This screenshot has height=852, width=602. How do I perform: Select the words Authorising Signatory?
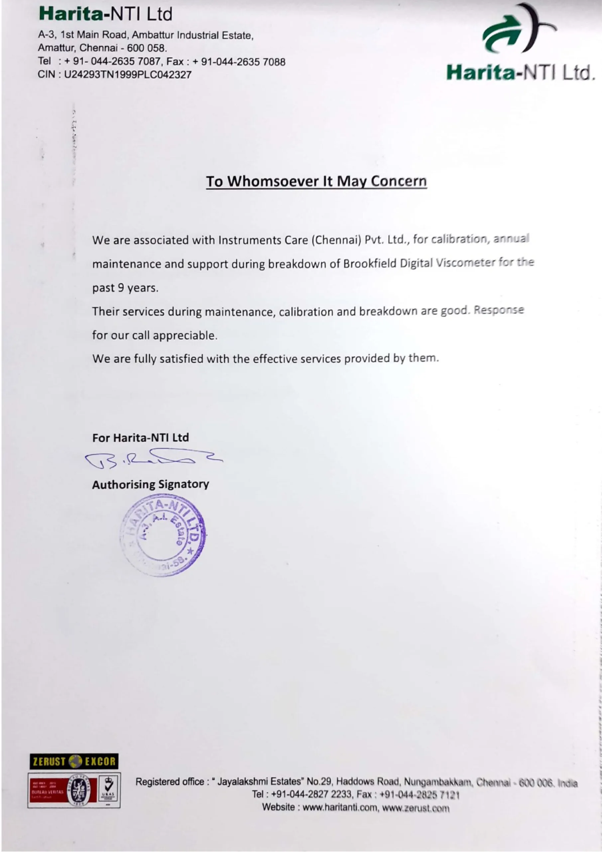click(x=151, y=484)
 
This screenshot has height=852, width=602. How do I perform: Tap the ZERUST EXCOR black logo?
click(x=74, y=762)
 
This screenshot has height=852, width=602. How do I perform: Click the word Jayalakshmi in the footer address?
click(x=245, y=782)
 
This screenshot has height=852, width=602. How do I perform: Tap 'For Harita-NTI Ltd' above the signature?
click(x=141, y=438)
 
